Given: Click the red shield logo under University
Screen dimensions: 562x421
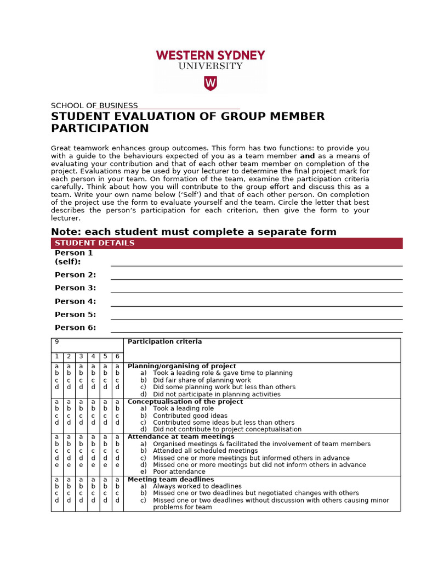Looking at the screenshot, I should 210,83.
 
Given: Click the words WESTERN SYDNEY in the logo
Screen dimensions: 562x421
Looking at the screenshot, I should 210,55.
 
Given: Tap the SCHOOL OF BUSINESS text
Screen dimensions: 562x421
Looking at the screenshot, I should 94,105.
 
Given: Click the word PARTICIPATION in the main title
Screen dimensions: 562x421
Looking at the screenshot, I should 100,128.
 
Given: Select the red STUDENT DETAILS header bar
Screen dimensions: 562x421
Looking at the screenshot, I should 226,243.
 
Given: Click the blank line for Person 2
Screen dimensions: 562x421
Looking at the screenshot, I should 256,278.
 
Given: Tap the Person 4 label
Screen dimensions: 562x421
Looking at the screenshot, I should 75,301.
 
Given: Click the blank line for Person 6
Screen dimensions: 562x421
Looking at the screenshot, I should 256,331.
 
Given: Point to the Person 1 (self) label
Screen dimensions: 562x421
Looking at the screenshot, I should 73,257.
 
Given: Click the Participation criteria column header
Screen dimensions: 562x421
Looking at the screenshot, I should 164,342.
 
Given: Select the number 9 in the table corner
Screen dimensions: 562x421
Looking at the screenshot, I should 57,342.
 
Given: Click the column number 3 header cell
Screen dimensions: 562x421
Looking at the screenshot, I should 81,357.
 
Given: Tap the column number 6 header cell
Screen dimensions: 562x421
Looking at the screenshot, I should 117,357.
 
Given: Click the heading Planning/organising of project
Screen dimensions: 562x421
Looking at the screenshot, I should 181,366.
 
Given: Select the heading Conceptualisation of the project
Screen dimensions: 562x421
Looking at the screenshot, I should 185,402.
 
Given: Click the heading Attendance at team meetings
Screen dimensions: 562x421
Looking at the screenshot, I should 181,437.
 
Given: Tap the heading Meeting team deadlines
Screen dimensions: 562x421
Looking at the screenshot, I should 170,479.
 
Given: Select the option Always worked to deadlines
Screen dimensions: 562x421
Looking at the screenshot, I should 197,486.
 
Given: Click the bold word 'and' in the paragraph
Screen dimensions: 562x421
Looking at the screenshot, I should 307,156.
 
